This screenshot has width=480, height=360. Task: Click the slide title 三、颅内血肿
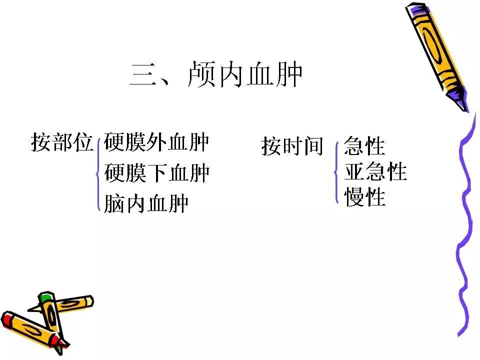[216, 75]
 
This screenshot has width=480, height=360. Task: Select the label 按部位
[62, 142]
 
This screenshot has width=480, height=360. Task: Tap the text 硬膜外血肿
[156, 142]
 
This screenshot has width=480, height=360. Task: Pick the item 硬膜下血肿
[156, 173]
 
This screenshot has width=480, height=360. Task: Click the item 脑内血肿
[146, 203]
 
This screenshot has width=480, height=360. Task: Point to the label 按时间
[292, 146]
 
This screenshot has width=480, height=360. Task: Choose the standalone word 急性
[364, 147]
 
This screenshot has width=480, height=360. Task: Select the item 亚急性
[375, 172]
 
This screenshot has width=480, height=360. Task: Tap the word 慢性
[364, 197]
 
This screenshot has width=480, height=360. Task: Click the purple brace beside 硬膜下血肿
[97, 174]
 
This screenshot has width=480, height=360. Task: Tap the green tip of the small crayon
[45, 297]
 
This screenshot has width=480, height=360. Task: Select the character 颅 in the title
[203, 75]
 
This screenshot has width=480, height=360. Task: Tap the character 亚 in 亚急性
[354, 172]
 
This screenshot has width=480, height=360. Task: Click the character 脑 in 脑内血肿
[114, 203]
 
